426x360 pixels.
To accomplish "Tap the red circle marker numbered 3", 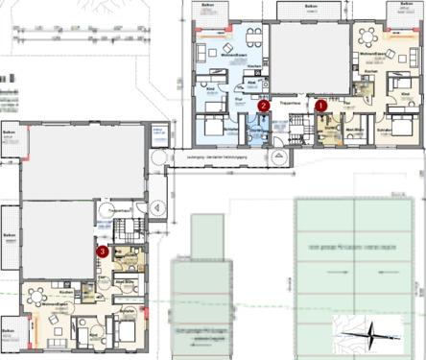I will click(102, 251).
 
